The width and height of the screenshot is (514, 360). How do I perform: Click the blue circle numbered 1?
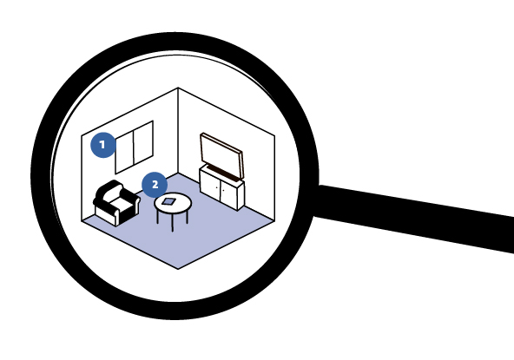[103, 145]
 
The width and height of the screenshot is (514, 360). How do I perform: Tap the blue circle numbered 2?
[155, 185]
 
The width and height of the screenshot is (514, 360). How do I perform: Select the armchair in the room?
[116, 203]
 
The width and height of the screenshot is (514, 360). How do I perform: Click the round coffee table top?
[173, 203]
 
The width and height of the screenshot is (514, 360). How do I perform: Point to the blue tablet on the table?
[168, 201]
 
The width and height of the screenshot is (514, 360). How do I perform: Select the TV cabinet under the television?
[221, 188]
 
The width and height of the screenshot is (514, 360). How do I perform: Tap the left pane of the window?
[124, 153]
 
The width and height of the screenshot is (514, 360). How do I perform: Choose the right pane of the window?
[143, 143]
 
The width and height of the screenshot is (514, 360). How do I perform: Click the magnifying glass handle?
[413, 217]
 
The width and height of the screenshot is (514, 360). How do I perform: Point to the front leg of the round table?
[173, 222]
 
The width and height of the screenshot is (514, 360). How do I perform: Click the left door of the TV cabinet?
[210, 185]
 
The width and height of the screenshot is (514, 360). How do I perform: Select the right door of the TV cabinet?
[228, 194]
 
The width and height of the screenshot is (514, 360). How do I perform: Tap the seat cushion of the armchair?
[122, 205]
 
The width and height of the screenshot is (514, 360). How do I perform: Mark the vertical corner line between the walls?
[178, 130]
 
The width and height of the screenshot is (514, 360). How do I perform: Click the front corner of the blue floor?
[178, 269]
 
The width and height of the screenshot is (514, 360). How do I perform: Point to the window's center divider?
[134, 148]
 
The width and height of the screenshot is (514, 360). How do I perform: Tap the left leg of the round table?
[157, 216]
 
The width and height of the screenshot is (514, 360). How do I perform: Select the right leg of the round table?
[188, 216]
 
